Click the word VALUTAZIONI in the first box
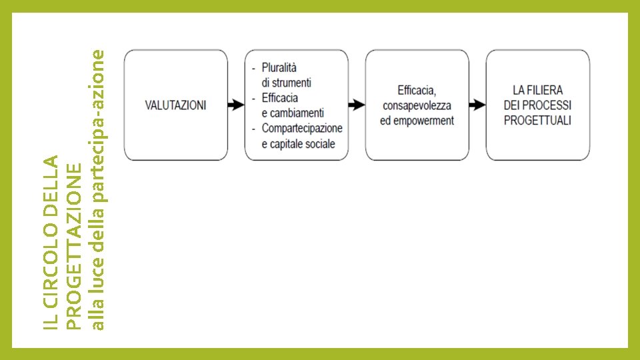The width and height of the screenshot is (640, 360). (176, 105)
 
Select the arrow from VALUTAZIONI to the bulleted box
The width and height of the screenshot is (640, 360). (236, 105)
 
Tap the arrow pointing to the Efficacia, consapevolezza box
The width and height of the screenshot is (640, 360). (357, 105)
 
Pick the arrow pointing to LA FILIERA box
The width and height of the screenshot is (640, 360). (477, 105)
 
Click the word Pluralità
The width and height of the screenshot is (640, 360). (279, 68)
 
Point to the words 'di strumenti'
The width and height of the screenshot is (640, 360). (287, 83)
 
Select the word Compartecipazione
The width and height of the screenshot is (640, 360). (302, 128)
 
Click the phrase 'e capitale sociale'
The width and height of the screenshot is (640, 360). (298, 143)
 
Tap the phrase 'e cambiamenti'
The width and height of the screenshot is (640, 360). (293, 113)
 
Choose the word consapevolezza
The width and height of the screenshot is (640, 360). (417, 105)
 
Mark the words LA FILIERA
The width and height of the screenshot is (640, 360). (537, 90)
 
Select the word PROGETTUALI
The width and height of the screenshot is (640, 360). (537, 121)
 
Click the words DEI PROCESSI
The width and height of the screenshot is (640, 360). (537, 105)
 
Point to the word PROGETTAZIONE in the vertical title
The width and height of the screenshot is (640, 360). (75, 245)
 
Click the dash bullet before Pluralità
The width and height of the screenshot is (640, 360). (254, 68)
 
